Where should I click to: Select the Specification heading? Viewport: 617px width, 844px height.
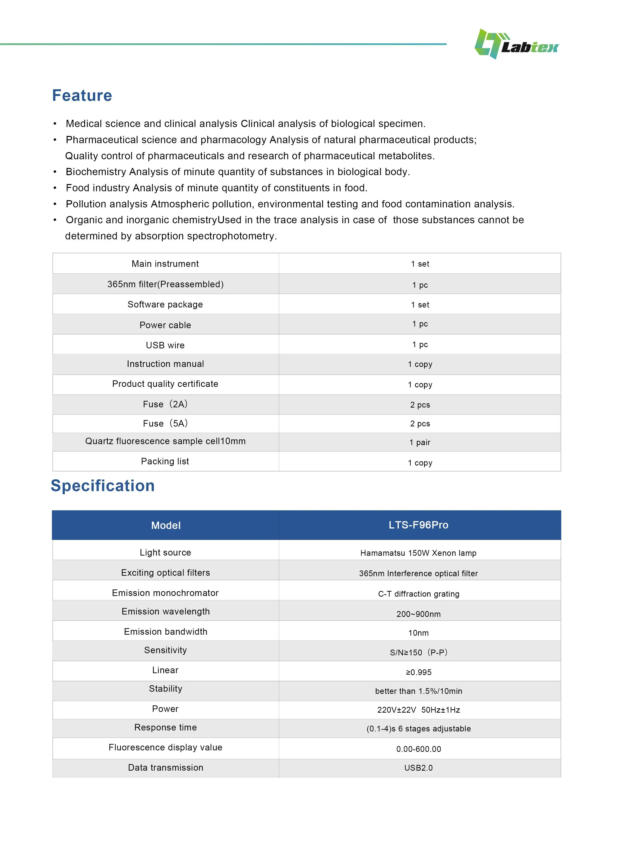coord(103,486)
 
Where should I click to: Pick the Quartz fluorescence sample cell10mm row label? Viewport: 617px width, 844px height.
coord(166,441)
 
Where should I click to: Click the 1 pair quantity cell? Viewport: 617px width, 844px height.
coord(420,442)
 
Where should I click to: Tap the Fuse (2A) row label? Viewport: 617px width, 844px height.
coord(166,404)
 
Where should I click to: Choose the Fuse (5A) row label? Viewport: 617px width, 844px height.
coord(166,423)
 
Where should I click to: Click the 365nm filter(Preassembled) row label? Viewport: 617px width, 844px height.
coord(166,284)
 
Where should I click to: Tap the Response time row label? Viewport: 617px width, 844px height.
coord(166,727)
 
